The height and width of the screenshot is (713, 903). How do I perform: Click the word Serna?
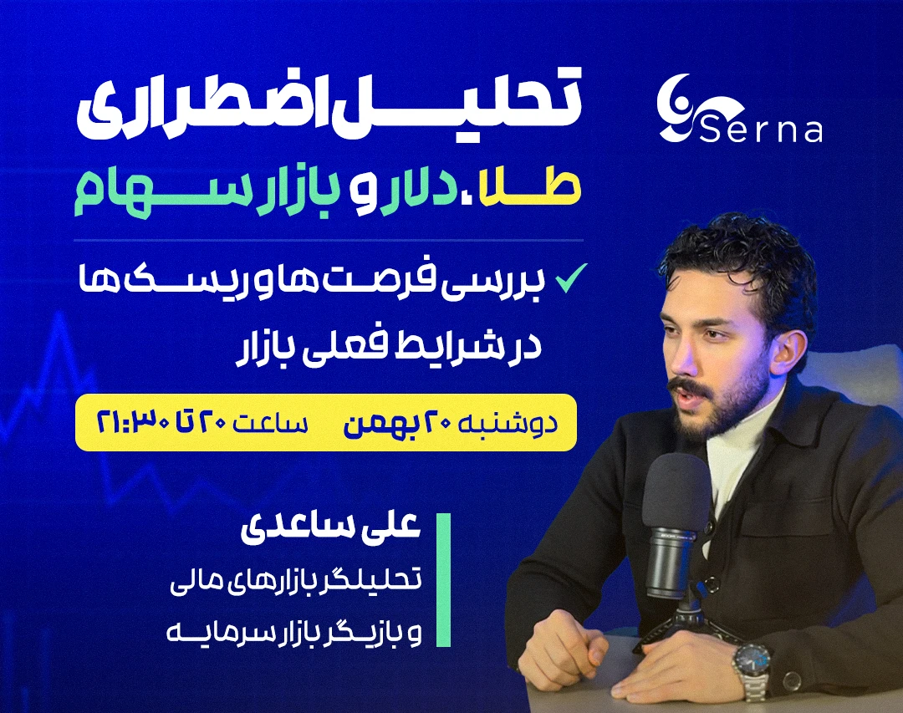tap(758, 130)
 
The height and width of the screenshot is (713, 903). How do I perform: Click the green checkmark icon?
tap(573, 278)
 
